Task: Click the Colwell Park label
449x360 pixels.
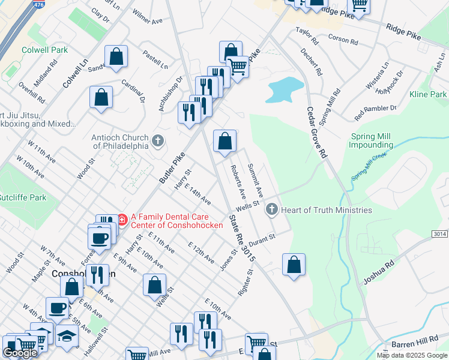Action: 44,50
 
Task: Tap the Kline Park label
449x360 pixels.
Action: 427,95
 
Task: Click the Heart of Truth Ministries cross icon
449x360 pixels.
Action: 271,209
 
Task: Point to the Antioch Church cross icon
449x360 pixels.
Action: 158,141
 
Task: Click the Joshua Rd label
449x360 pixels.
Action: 378,272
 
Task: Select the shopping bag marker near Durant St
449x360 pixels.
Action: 294,265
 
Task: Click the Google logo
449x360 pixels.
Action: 20,353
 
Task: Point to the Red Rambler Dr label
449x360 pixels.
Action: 376,110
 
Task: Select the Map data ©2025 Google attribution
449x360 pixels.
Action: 411,355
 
